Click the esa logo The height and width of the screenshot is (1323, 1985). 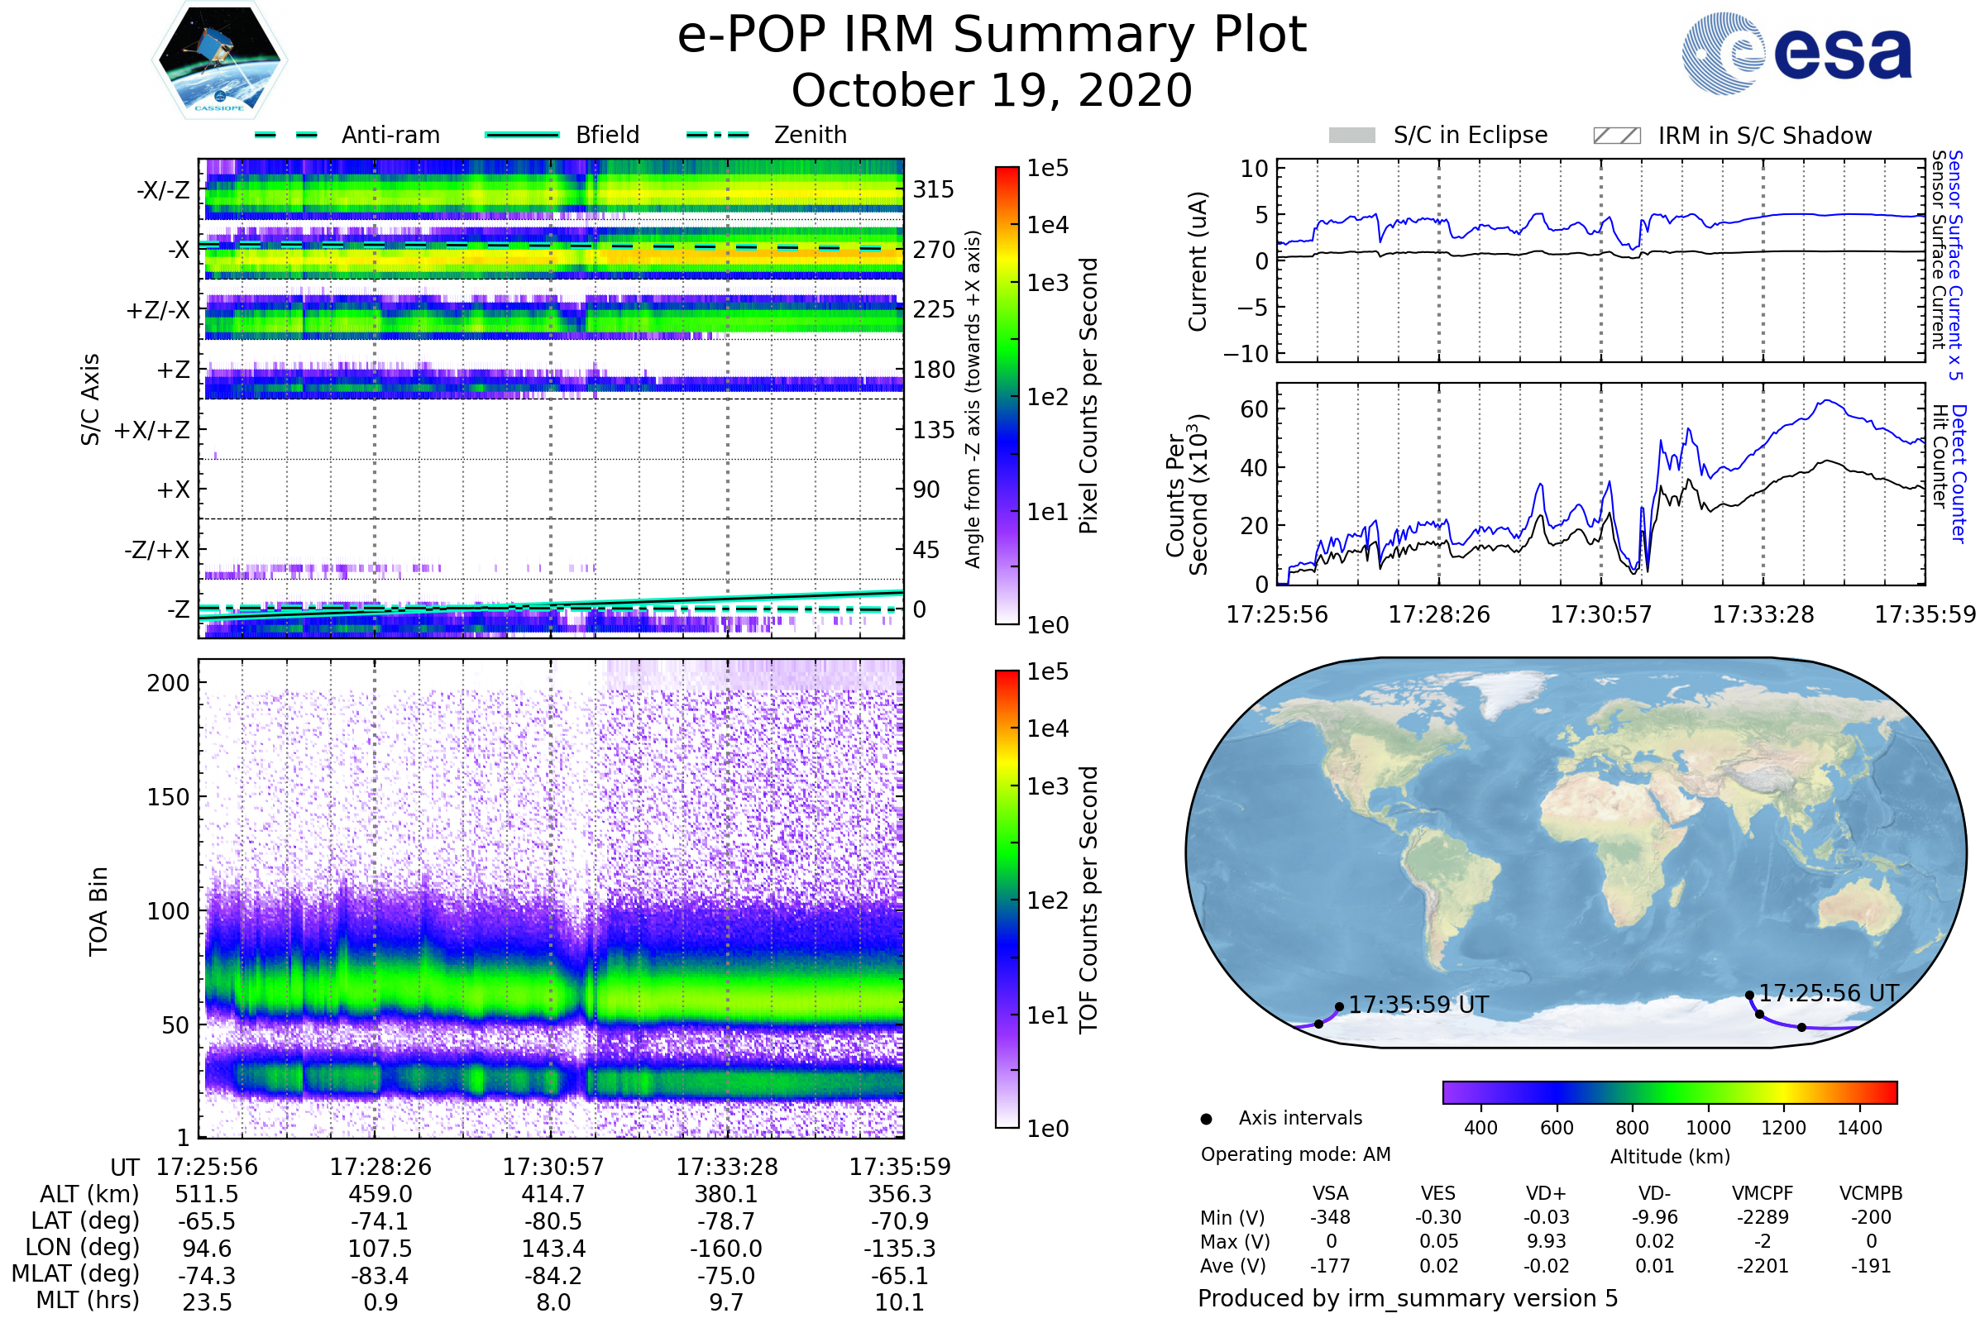(x=1796, y=52)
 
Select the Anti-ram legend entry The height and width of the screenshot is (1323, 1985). (x=347, y=135)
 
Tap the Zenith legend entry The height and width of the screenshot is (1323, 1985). (x=767, y=135)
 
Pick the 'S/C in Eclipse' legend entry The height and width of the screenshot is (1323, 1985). (x=1437, y=135)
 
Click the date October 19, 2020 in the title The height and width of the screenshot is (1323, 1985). (x=992, y=90)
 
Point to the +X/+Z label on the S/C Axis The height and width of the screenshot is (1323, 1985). (x=152, y=430)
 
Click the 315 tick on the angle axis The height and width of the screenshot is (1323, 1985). (x=934, y=189)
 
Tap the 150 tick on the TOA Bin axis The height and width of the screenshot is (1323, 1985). (x=168, y=797)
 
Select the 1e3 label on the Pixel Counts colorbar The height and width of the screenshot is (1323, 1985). (x=1047, y=283)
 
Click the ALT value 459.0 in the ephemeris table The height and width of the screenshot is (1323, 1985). (x=380, y=1195)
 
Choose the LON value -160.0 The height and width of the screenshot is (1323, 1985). (x=726, y=1249)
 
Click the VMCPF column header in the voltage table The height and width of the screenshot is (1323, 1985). (x=1763, y=1193)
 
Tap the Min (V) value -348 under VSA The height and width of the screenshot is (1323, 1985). (x=1330, y=1217)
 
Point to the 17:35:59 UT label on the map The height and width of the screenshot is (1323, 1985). (x=1418, y=1005)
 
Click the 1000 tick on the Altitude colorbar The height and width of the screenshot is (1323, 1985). (x=1708, y=1128)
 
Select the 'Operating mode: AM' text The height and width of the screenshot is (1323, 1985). (x=1295, y=1154)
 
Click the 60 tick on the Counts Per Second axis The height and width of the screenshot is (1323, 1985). (x=1254, y=409)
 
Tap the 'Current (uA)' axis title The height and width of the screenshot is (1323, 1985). (x=1198, y=261)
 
